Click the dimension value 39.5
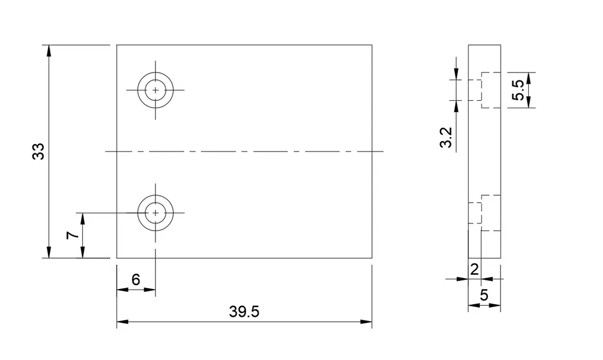pos(244,312)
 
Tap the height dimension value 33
pos(39,151)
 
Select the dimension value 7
pos(71,236)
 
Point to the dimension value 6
pos(136,280)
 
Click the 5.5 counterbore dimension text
pos(518,90)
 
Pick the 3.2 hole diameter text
pos(446,138)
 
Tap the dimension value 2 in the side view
pos(474,269)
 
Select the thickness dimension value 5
pos(484,295)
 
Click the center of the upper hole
pos(155,90)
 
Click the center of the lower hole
pos(155,213)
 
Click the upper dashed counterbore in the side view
pos(490,90)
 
